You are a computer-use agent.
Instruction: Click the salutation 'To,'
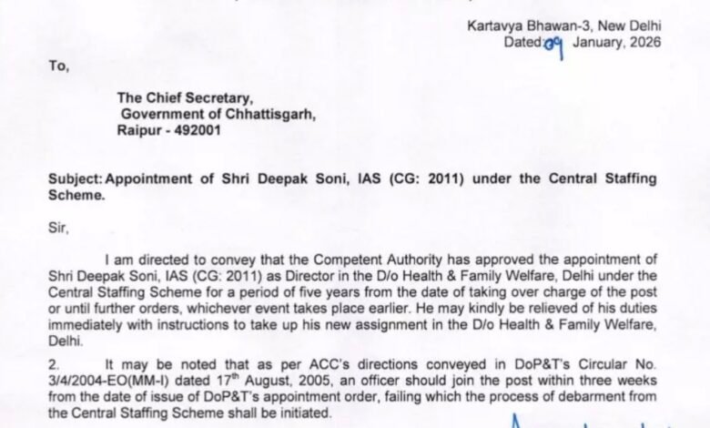pyautogui.click(x=59, y=66)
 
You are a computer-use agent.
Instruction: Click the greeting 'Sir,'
pyautogui.click(x=59, y=228)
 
